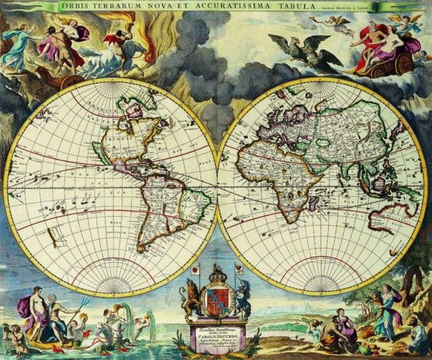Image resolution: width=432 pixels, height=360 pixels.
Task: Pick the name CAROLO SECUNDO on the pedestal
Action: click(217, 333)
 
